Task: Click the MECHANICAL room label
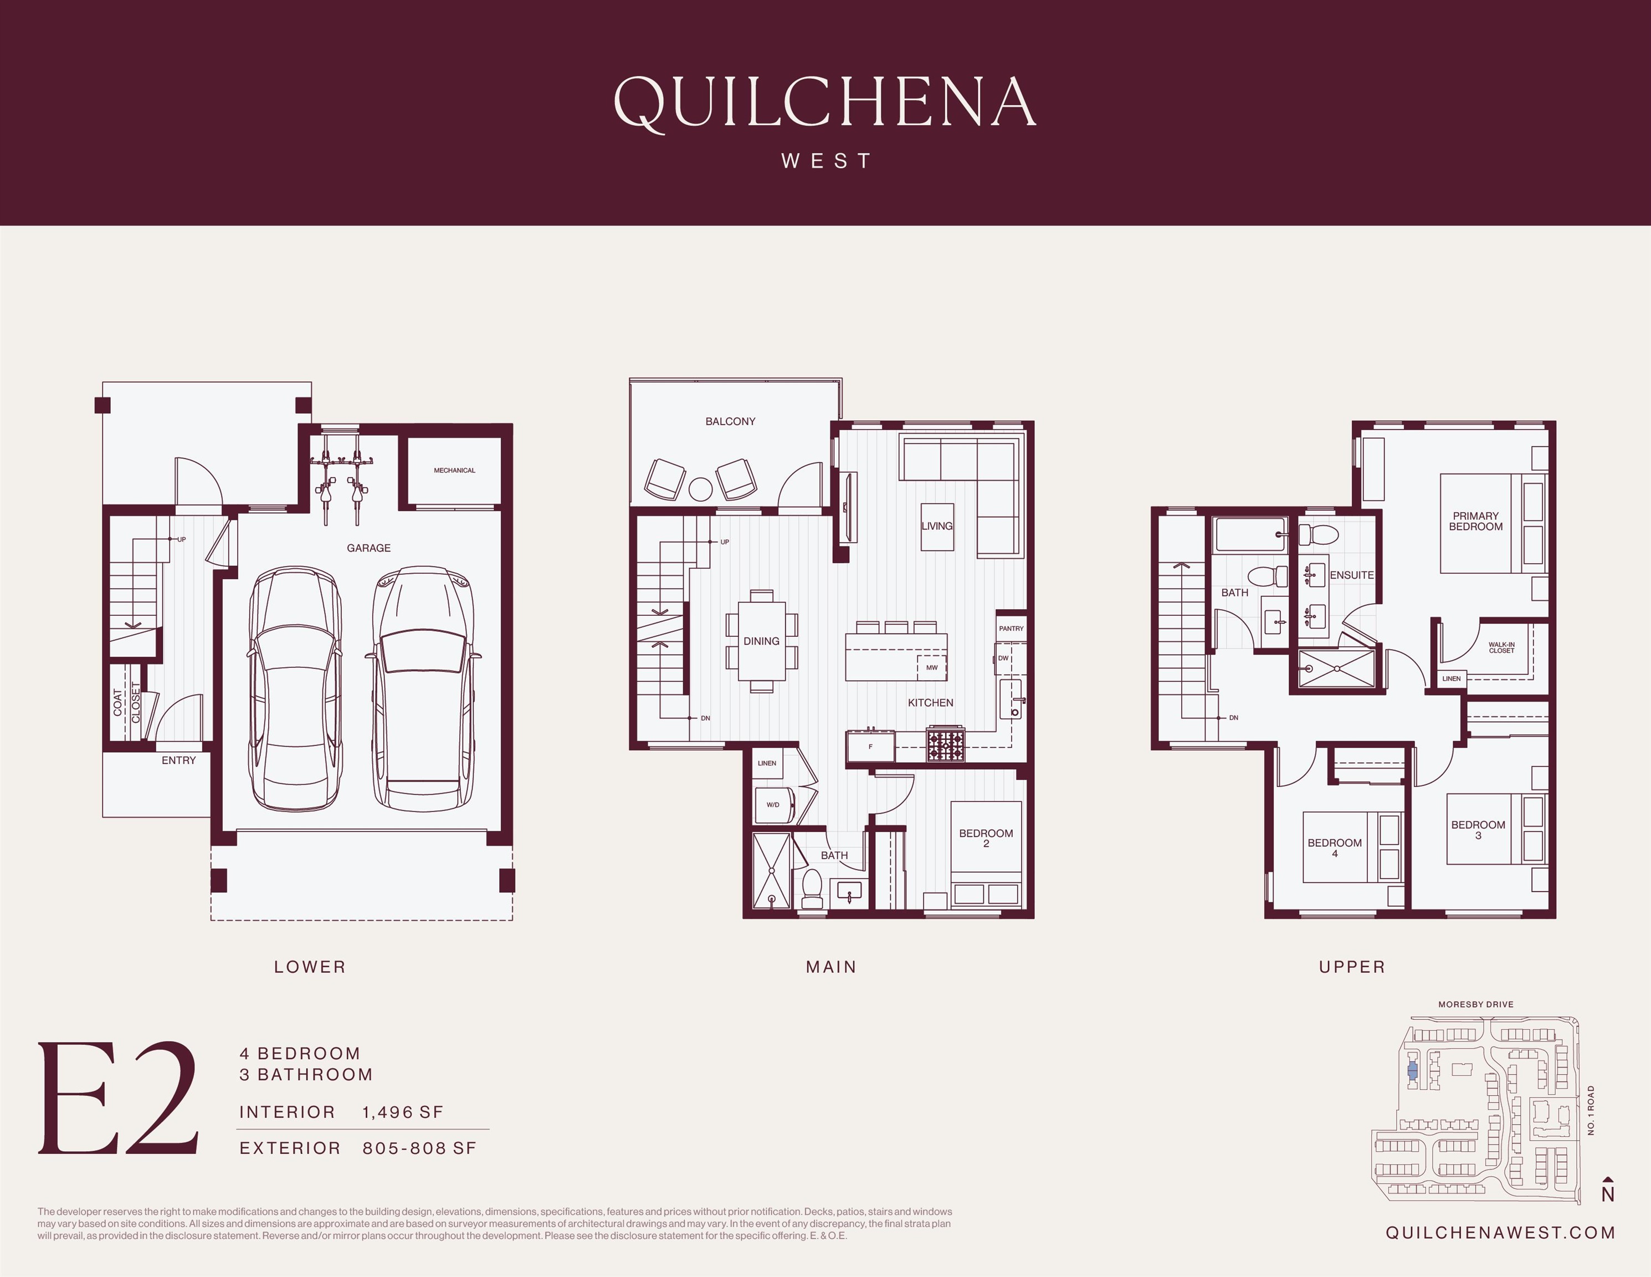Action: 454,470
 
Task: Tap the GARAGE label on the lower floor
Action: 369,548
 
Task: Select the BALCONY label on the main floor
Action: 730,421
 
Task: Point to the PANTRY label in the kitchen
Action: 1011,629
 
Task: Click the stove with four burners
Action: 946,744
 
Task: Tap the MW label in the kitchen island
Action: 931,668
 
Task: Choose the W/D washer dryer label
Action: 772,804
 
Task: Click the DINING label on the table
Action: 761,641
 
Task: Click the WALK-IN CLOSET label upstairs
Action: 1501,648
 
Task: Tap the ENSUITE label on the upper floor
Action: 1352,575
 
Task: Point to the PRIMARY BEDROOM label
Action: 1475,522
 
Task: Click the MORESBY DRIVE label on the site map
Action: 1475,1005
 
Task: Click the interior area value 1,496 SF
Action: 403,1112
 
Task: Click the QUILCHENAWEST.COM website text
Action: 1500,1233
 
